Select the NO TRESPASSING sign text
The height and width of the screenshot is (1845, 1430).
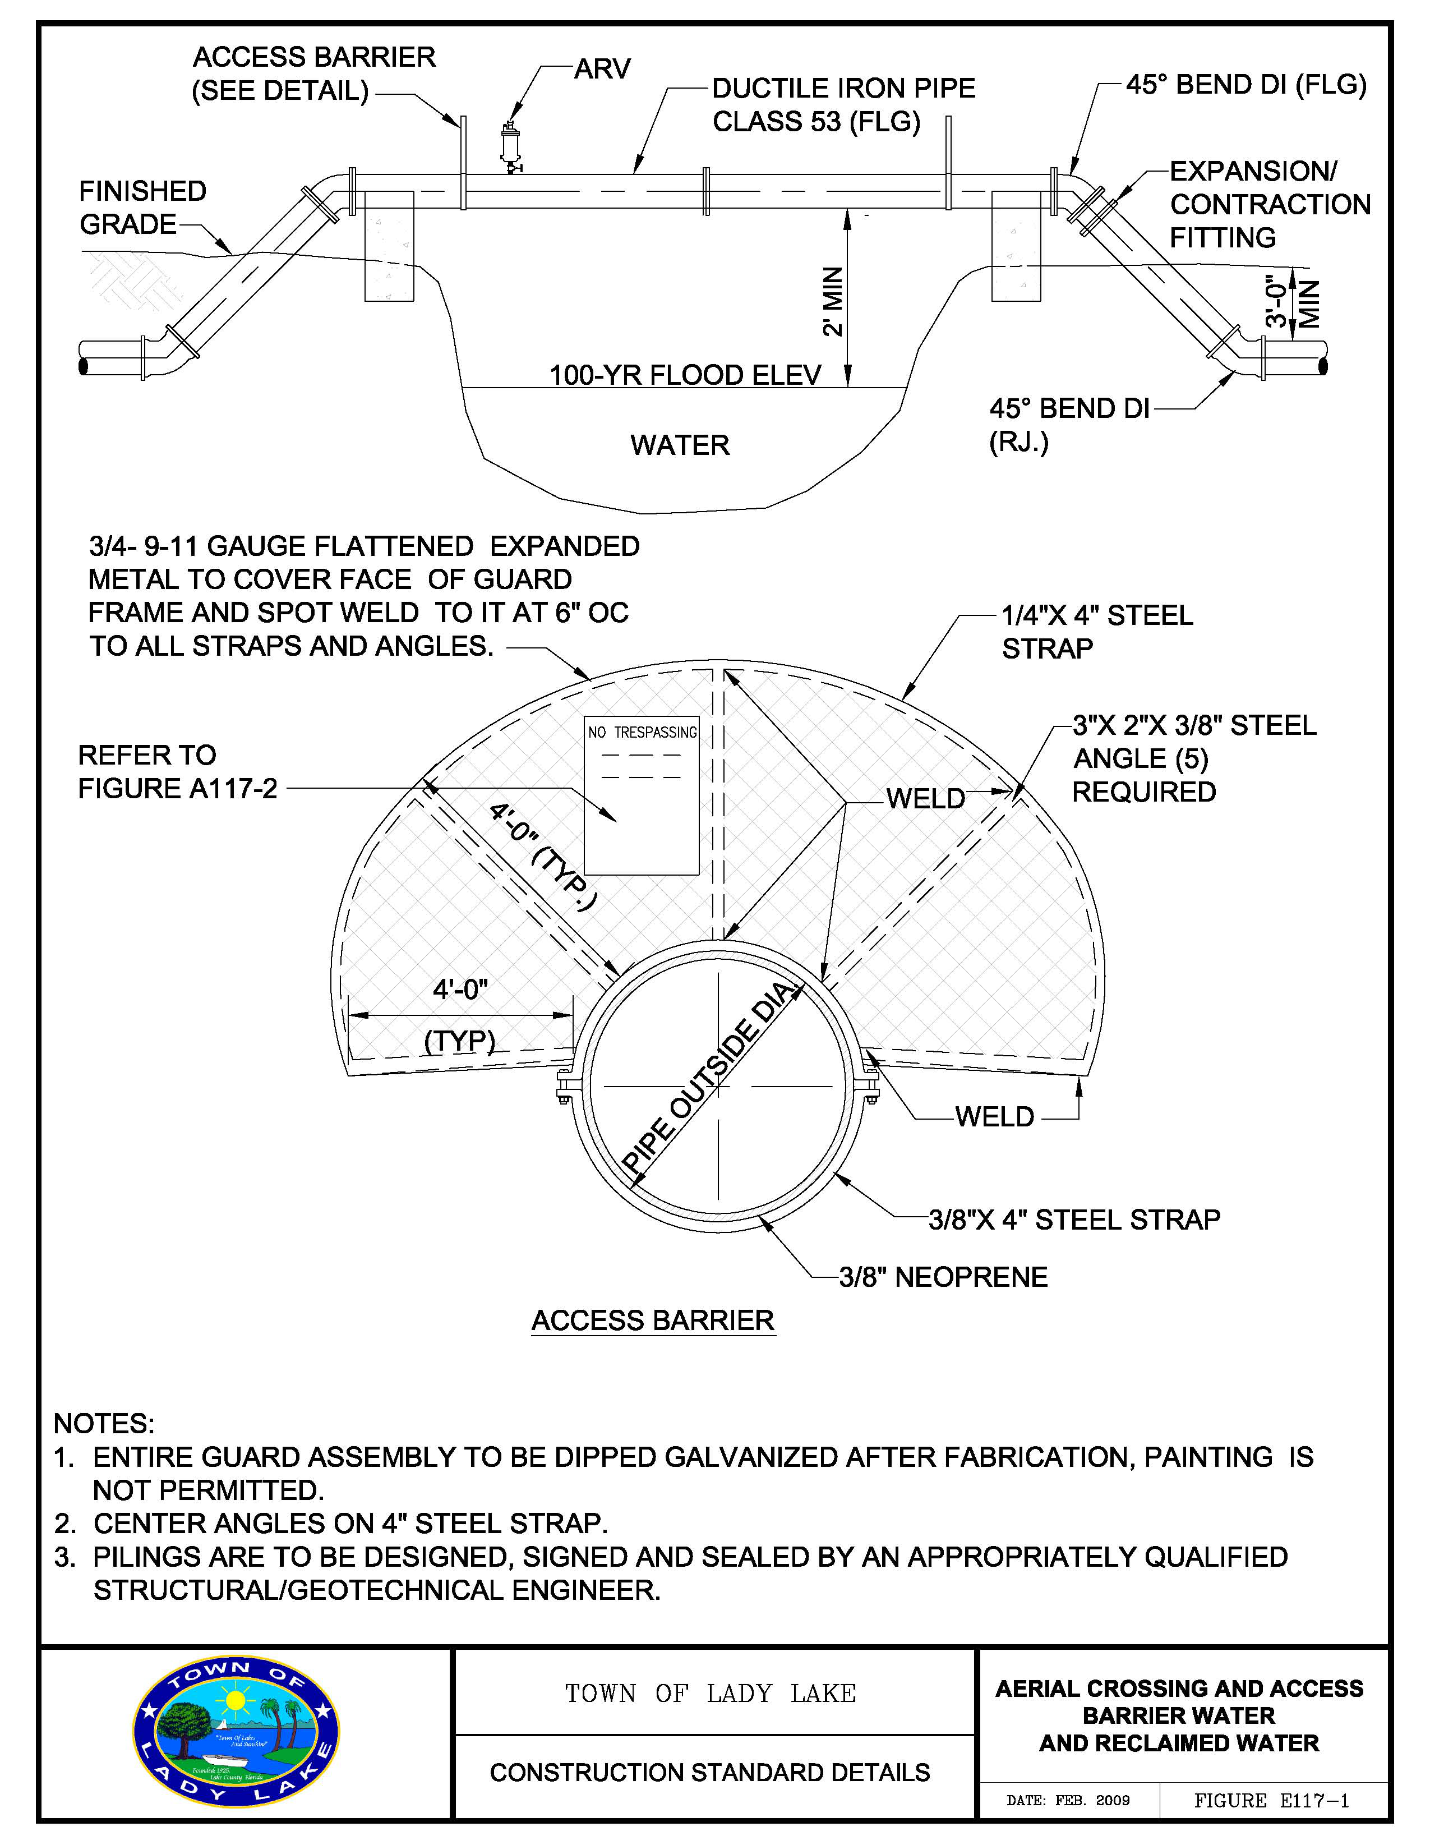(x=642, y=733)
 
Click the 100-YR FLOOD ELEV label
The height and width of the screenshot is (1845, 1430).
(x=685, y=375)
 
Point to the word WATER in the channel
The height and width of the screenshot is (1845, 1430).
(x=679, y=445)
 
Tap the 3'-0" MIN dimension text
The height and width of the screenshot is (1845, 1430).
(x=1291, y=302)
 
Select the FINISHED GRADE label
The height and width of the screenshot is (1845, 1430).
(x=142, y=208)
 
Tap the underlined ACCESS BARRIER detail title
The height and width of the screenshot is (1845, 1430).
(x=652, y=1321)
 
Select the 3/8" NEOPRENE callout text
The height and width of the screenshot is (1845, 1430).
(x=943, y=1276)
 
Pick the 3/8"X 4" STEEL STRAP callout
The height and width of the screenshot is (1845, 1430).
(x=1073, y=1220)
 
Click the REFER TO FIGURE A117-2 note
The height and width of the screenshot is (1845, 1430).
(x=177, y=771)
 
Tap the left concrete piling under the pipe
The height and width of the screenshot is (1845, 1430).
(x=389, y=246)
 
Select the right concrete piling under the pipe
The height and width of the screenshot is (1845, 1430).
(x=1016, y=246)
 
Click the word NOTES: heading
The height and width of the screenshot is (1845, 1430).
(x=104, y=1424)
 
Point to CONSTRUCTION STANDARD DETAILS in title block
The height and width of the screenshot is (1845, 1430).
(x=709, y=1772)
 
